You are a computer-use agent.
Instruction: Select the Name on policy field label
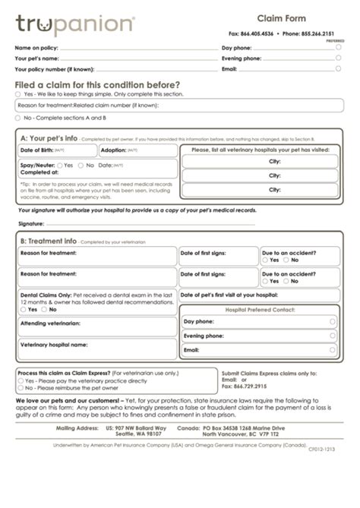tap(36, 47)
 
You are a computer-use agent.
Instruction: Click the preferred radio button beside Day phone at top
tap(339, 47)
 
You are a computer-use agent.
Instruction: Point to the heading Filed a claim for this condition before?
tap(98, 84)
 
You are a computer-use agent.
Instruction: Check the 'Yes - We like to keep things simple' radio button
tap(18, 94)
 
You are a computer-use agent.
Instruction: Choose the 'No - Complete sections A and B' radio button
tap(18, 118)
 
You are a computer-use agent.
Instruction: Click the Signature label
tap(31, 224)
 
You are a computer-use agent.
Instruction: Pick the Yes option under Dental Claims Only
tap(24, 310)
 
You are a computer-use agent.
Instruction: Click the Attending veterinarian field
tap(97, 327)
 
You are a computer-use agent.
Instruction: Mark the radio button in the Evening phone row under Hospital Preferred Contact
tap(333, 336)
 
